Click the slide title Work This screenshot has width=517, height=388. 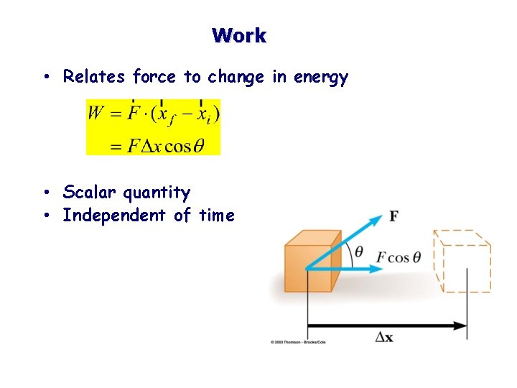tap(239, 35)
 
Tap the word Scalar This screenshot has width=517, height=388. tap(90, 193)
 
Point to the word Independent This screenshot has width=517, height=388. tap(114, 216)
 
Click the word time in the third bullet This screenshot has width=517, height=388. tap(217, 216)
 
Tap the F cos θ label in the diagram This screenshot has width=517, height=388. tap(399, 257)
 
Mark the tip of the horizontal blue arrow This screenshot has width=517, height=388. tap(383, 269)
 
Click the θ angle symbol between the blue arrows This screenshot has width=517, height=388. tap(359, 252)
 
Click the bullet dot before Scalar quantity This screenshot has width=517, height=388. tap(45, 193)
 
